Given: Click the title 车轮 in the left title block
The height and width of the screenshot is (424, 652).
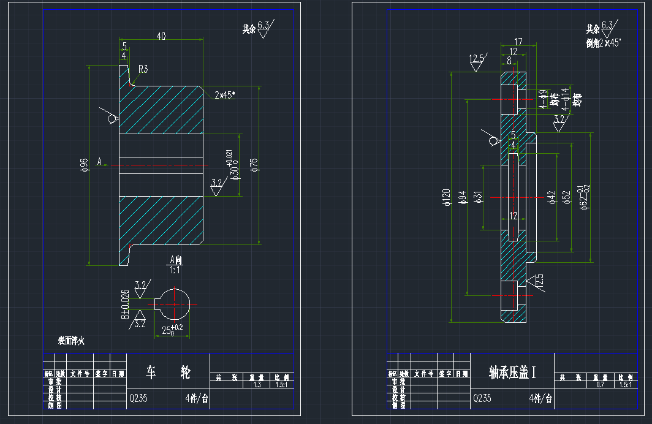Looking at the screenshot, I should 167,371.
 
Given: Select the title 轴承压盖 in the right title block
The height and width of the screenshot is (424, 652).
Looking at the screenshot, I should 512,372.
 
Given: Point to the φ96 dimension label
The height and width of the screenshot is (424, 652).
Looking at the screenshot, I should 83,165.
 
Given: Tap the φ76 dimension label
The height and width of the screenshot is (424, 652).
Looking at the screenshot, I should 253,165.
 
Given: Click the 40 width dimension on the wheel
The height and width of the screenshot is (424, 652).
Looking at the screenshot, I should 161,37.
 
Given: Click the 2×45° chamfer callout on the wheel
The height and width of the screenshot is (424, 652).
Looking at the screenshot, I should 225,96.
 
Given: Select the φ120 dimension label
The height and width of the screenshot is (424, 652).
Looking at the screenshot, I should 445,198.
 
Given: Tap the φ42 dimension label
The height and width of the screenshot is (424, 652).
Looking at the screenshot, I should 551,197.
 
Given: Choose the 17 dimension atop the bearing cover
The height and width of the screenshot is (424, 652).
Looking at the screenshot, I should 518,42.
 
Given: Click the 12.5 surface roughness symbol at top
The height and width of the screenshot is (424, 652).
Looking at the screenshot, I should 477,59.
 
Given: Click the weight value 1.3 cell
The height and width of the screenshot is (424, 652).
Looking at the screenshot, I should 257,385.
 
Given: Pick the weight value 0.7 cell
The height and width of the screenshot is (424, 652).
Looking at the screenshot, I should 601,385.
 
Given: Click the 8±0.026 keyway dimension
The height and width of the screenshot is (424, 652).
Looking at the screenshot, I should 126,304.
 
